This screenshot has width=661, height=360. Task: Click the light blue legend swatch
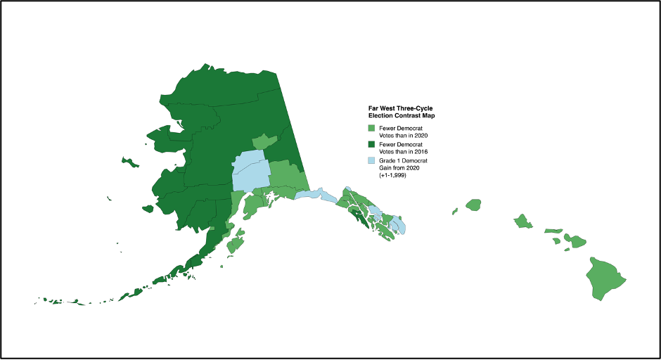pos(372,161)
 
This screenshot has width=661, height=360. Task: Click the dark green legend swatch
pos(372,145)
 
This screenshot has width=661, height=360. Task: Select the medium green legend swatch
pos(372,129)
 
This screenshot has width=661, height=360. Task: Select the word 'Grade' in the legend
pos(388,160)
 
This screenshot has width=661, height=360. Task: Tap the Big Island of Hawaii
pos(605,276)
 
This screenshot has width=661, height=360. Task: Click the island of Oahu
pos(523,221)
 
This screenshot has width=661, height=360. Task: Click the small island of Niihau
pos(455,210)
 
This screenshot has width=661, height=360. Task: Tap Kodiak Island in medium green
pos(236,245)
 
